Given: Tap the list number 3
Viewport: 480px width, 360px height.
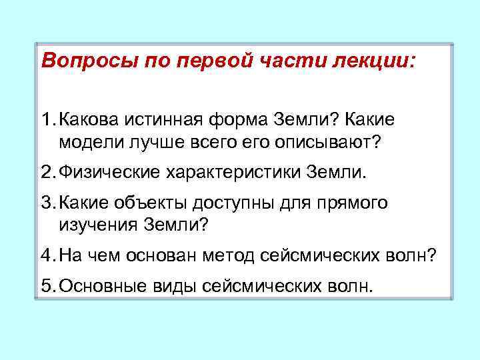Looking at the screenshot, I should [x=46, y=202].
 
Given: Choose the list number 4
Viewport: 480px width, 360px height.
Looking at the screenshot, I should [x=46, y=255].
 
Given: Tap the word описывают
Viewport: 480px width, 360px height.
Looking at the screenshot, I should [x=331, y=143].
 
